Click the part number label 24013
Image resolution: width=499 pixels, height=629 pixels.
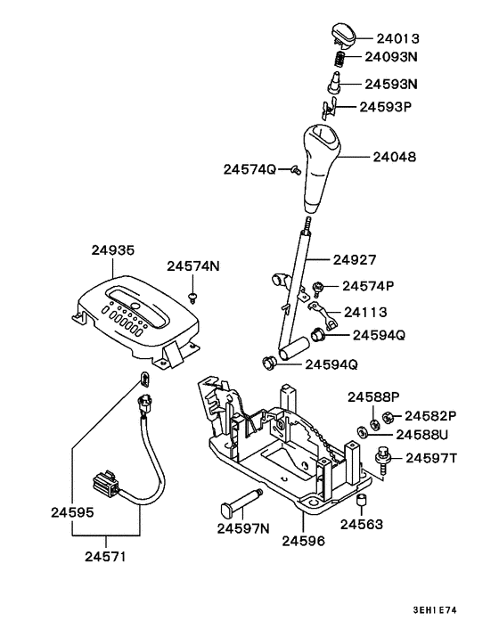pyautogui.click(x=396, y=39)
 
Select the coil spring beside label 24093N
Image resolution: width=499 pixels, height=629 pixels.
pyautogui.click(x=340, y=59)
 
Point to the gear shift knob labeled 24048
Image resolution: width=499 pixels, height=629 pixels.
pyautogui.click(x=321, y=165)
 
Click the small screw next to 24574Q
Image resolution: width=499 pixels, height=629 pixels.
pyautogui.click(x=294, y=171)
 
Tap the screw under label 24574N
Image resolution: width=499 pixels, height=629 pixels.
pyautogui.click(x=192, y=295)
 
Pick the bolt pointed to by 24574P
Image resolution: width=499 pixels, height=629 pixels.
pyautogui.click(x=317, y=287)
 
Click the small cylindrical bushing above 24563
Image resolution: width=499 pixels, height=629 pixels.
pyautogui.click(x=364, y=504)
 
